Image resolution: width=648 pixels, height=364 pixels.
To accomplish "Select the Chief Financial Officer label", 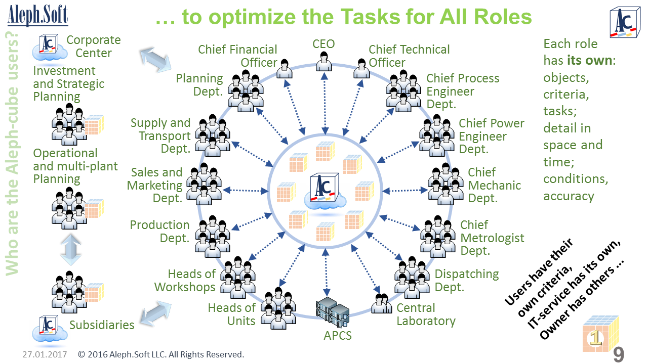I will [x=237, y=56].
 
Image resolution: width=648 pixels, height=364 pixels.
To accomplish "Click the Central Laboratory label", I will [x=426, y=314].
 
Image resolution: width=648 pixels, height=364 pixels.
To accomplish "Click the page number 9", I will [x=619, y=355].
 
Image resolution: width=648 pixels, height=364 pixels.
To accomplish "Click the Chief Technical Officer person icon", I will [x=361, y=69].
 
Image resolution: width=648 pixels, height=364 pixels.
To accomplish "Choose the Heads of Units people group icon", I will [x=278, y=306].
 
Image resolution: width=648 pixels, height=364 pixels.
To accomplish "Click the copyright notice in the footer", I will [x=161, y=354].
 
